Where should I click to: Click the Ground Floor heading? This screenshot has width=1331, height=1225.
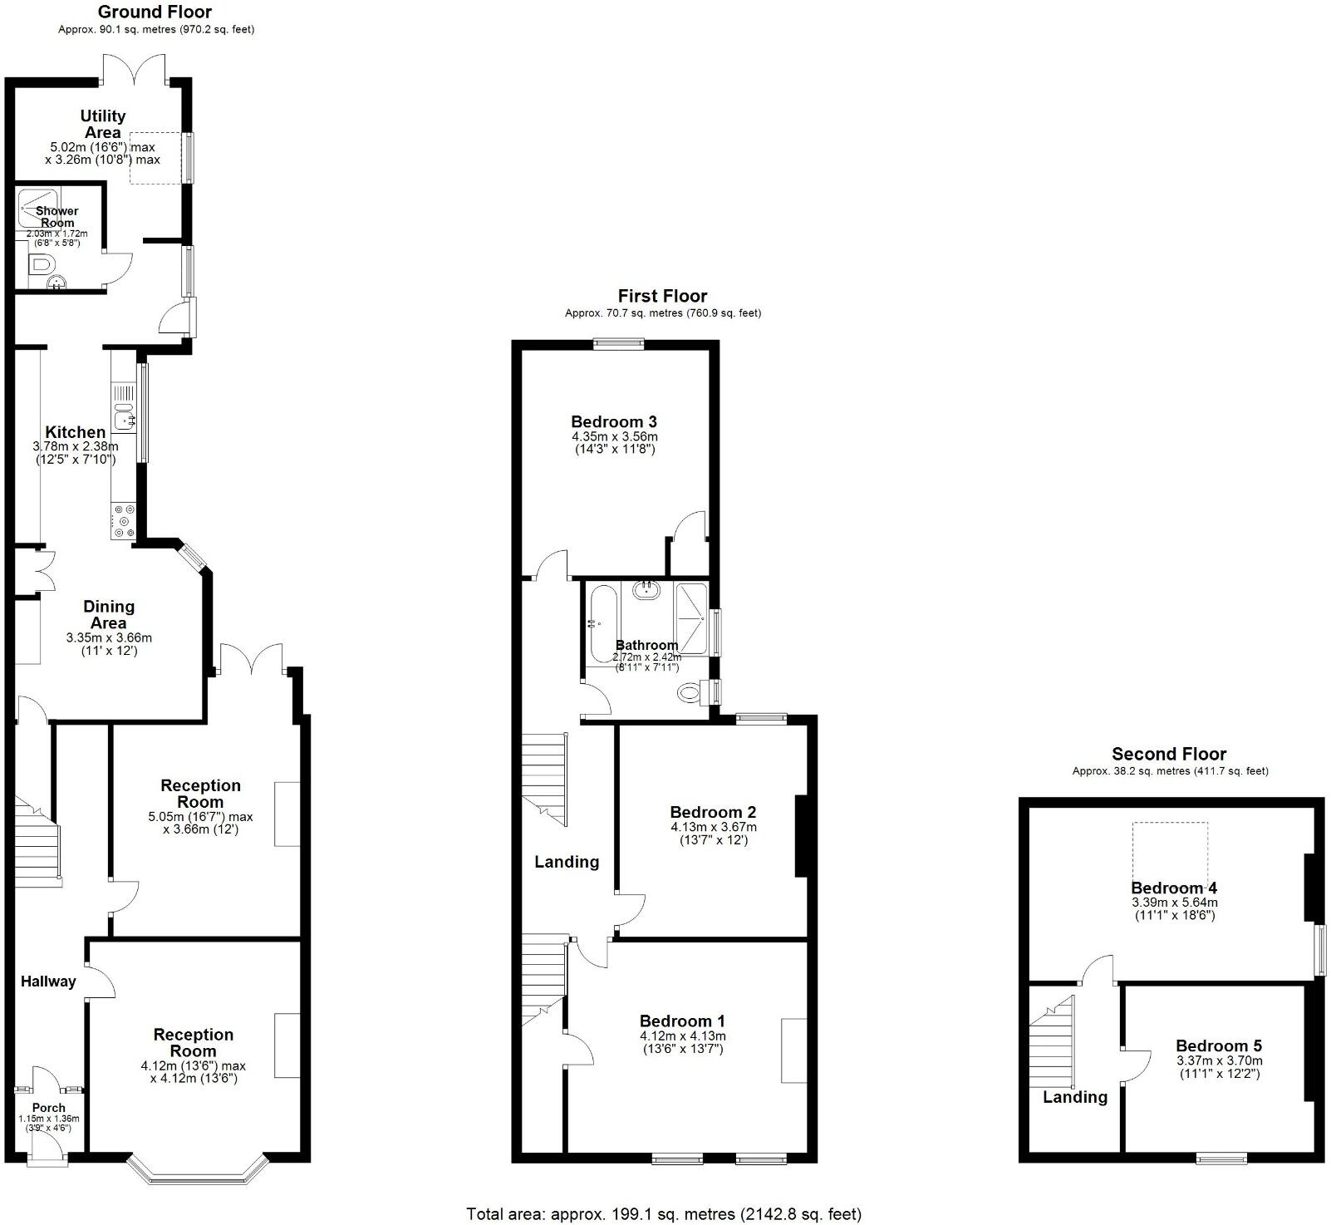pyautogui.click(x=155, y=12)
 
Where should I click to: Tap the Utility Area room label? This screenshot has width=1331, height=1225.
pyautogui.click(x=103, y=124)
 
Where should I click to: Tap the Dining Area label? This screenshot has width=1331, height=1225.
pyautogui.click(x=109, y=615)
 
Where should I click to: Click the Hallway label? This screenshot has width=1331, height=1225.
pyautogui.click(x=48, y=981)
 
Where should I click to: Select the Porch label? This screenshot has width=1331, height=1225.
pyautogui.click(x=49, y=1108)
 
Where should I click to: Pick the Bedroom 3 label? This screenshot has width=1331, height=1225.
pyautogui.click(x=614, y=421)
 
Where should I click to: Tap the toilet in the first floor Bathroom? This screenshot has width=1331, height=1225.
pyautogui.click(x=690, y=692)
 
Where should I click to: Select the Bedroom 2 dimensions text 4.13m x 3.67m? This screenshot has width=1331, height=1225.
pyautogui.click(x=714, y=827)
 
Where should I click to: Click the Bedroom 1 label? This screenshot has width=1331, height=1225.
pyautogui.click(x=682, y=1021)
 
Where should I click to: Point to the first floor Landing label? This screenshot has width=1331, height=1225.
pyautogui.click(x=567, y=862)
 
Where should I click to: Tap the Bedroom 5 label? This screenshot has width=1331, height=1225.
pyautogui.click(x=1219, y=1046)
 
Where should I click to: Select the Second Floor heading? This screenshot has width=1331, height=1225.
pyautogui.click(x=1169, y=755)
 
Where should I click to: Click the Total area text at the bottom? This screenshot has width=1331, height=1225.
pyautogui.click(x=664, y=1214)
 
